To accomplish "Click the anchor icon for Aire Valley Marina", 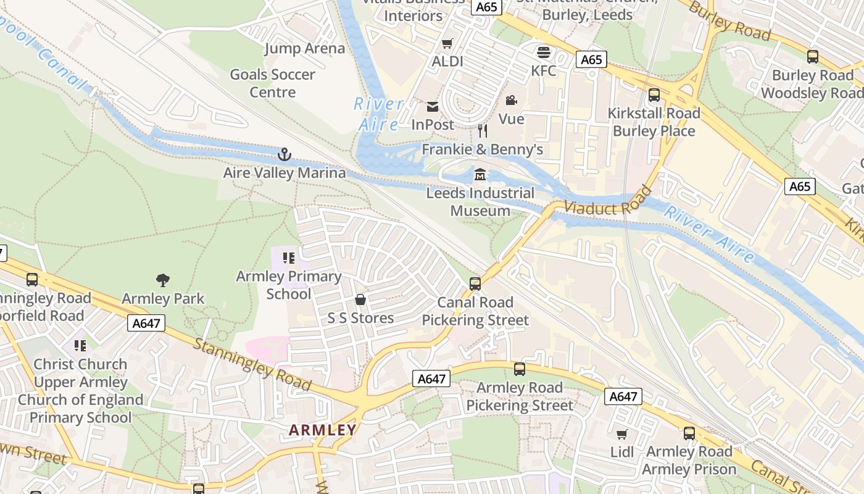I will click(x=284, y=154).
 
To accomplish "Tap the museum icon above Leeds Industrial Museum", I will click(x=480, y=175).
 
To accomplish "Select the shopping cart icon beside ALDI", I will click(x=447, y=43).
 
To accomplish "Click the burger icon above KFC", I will click(x=543, y=52).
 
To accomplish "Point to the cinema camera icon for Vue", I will click(x=511, y=100).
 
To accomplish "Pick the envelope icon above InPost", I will click(x=433, y=107).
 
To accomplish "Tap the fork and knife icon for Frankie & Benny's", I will click(x=483, y=131).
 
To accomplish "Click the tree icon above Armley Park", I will click(x=163, y=281).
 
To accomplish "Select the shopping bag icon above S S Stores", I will click(x=360, y=300).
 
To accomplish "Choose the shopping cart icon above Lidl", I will click(x=622, y=434).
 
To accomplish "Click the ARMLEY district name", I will click(x=323, y=430).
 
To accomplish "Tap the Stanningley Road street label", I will click(x=252, y=364).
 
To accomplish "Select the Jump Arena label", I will click(x=305, y=48).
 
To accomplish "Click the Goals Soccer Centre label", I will click(x=272, y=83).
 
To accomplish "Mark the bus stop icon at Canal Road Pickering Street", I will click(x=475, y=284).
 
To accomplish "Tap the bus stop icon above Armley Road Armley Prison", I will click(x=689, y=433).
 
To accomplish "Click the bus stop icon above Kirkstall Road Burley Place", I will click(x=654, y=96).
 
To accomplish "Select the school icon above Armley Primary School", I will click(x=289, y=258).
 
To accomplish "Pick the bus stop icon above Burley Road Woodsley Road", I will click(x=813, y=57).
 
